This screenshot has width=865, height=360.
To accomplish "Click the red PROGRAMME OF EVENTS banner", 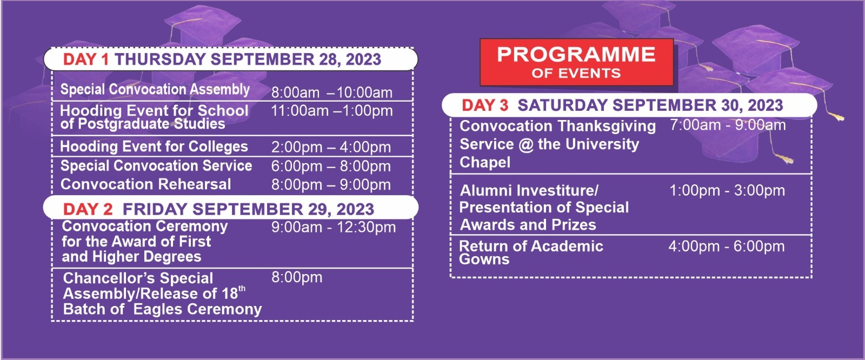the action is (x=577, y=62).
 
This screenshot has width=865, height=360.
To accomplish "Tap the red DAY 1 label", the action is (x=86, y=59).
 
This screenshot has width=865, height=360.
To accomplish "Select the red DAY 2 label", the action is (x=88, y=209).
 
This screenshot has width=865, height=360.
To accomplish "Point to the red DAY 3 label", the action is (x=485, y=105).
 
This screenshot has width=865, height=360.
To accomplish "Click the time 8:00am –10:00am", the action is (x=332, y=93).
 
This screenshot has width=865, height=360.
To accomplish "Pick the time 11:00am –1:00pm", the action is (x=332, y=111).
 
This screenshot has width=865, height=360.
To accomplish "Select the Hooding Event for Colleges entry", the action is (x=154, y=147).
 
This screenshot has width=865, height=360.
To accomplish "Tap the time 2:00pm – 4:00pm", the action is (x=331, y=147).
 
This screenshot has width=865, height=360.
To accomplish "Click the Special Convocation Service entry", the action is (x=156, y=166).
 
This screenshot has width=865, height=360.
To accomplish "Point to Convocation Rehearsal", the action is (x=145, y=184).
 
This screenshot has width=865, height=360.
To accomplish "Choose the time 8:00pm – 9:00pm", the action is (x=331, y=185).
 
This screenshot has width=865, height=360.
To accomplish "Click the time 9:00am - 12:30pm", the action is (x=333, y=227).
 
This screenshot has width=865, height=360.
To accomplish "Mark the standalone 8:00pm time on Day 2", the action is (x=297, y=277).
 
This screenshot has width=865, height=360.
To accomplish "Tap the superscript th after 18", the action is (x=242, y=289).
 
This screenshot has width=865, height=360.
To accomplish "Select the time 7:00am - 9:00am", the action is (x=728, y=125).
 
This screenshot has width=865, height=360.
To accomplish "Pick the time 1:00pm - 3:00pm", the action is (x=727, y=190).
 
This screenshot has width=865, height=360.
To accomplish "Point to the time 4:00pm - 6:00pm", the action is (x=727, y=246).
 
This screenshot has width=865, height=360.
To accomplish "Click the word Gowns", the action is (x=484, y=259).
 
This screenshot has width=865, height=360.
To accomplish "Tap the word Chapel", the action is (x=485, y=162).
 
